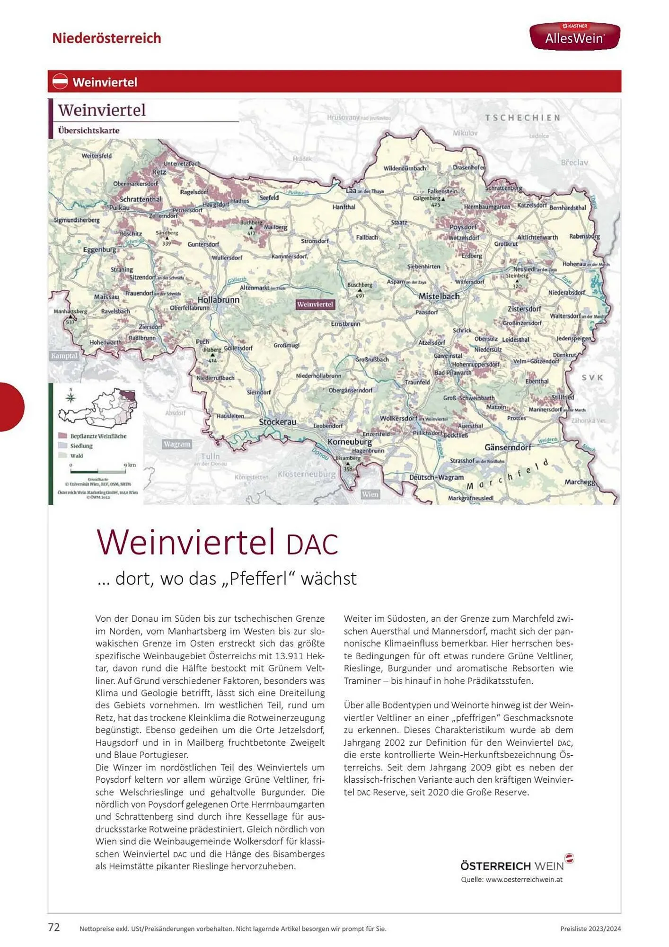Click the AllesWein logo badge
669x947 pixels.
pos(574,36)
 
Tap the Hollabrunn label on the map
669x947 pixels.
pos(218,300)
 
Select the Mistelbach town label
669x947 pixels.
pos(439,296)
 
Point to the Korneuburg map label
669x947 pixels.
pos(350,441)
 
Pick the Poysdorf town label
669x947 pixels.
pos(463,227)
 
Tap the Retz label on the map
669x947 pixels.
pos(159,172)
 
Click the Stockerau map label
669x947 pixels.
pos(277,421)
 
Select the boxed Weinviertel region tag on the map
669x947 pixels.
pos(315,304)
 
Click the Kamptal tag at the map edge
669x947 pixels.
pos(64,356)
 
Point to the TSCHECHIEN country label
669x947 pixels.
pos(522,117)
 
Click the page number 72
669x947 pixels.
pos(54,927)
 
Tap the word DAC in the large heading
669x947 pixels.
pos(312,545)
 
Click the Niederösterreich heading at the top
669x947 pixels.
pos(106,38)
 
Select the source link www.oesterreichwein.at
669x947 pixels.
pos(524,879)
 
